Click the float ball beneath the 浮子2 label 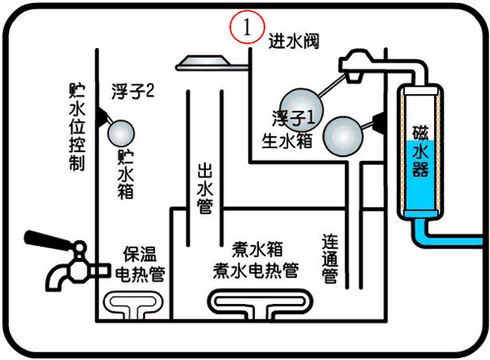pos(124,131)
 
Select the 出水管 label pos(204,186)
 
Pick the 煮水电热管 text pos(257,267)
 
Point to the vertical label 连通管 pos(330,258)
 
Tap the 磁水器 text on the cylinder pos(419,153)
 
